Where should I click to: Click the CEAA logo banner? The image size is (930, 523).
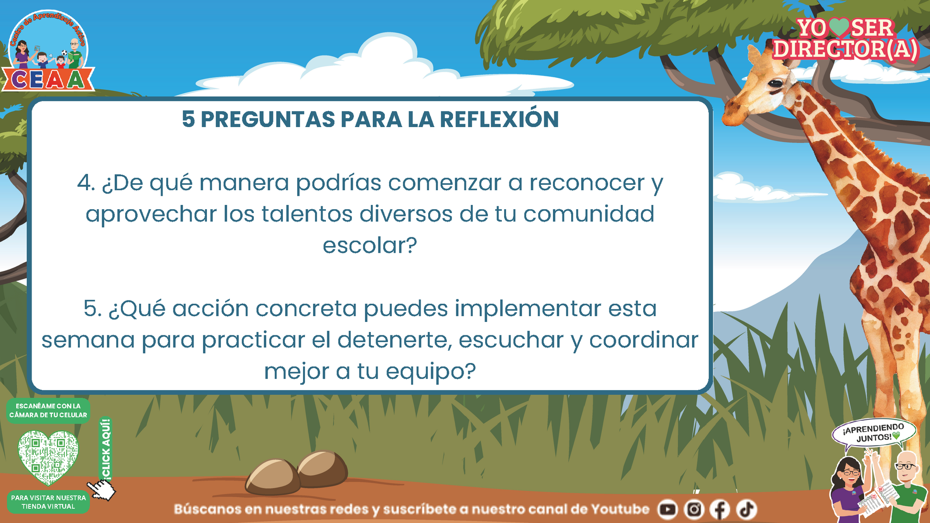pyautogui.click(x=48, y=79)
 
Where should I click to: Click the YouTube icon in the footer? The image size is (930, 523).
pyautogui.click(x=668, y=510)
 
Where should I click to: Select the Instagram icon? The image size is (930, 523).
pyautogui.click(x=694, y=510)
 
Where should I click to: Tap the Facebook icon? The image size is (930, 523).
pyautogui.click(x=720, y=510)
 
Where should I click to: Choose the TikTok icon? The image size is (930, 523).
pyautogui.click(x=746, y=510)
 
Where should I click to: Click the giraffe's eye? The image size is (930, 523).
pyautogui.click(x=776, y=85)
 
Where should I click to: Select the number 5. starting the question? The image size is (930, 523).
pyautogui.click(x=93, y=309)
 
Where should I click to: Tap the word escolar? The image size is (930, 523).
pyautogui.click(x=370, y=245)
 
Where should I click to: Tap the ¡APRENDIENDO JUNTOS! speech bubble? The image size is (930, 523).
pyautogui.click(x=874, y=434)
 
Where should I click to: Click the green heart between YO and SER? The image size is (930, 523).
pyautogui.click(x=839, y=28)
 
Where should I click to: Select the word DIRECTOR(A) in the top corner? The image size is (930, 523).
pyautogui.click(x=845, y=49)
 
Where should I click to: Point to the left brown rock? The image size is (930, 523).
pyautogui.click(x=272, y=477)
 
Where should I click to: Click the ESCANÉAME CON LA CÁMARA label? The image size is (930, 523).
pyautogui.click(x=48, y=410)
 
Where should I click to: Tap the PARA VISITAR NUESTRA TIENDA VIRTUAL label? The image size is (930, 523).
pyautogui.click(x=48, y=502)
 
